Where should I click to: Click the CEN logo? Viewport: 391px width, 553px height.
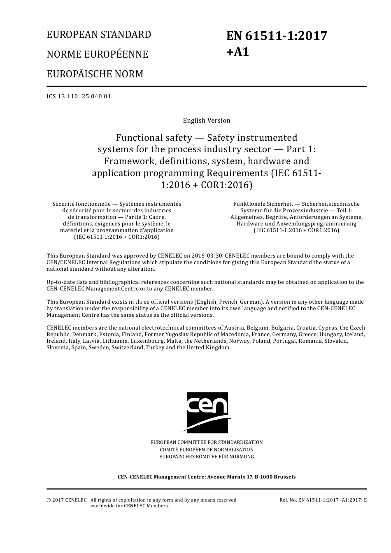207,412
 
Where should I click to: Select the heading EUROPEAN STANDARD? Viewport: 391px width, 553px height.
99,35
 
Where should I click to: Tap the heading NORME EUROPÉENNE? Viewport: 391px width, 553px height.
97,54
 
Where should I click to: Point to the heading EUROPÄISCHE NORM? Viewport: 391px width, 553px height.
95,74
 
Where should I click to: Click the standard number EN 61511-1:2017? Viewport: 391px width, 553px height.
277,36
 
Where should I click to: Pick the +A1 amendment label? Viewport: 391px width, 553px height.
238,52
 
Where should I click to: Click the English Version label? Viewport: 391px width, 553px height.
207,121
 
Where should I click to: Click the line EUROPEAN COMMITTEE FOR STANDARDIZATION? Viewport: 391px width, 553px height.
207,442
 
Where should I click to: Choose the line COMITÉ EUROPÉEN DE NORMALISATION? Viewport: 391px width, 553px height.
207,450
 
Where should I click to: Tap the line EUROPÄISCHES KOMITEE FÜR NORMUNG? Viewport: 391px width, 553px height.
207,457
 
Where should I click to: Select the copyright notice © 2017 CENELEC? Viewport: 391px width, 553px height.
67,500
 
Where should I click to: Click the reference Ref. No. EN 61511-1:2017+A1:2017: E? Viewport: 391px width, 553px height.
323,500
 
